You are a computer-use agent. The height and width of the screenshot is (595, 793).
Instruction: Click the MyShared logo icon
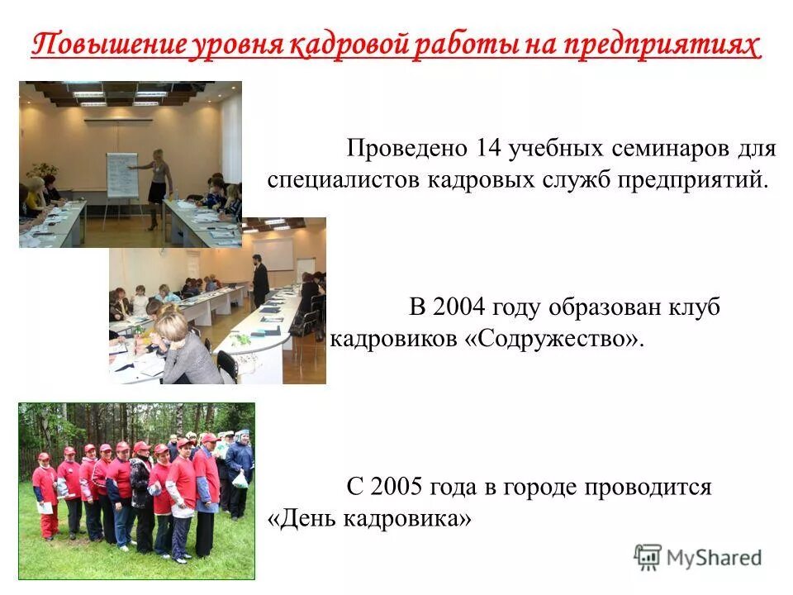[648, 557]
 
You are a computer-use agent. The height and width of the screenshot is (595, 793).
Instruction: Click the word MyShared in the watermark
[714, 558]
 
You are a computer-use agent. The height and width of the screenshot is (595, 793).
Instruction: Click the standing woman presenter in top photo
[156, 186]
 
